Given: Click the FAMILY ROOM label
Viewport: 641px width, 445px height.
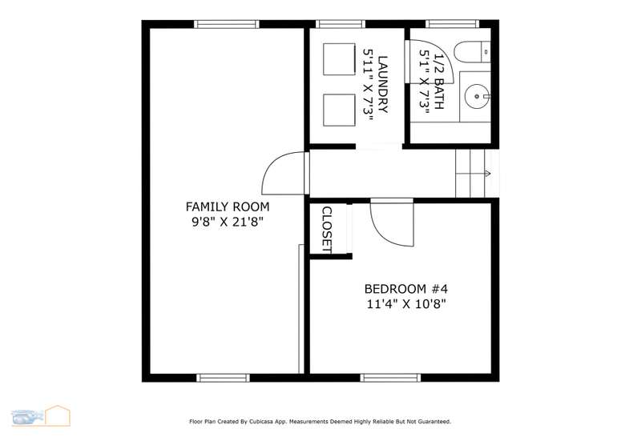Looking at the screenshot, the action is pos(228,207).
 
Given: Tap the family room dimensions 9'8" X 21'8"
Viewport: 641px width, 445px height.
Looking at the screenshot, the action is pos(228,222).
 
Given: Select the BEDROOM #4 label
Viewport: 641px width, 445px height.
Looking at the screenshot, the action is pos(406,289).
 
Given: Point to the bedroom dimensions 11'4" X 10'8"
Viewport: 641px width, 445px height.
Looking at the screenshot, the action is pos(406,304).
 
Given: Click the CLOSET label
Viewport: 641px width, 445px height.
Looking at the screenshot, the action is pos(327,230).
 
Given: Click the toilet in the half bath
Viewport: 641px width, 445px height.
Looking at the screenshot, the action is pos(472,52).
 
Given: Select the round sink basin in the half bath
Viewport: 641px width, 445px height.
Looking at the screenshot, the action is pos(476,96).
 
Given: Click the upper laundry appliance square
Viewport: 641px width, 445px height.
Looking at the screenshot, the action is pos(339,59).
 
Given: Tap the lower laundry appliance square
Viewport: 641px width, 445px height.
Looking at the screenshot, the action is pos(339,110).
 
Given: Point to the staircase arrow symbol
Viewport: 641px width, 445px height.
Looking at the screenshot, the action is pos(488,174).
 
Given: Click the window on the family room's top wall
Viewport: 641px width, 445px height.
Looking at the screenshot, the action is pos(227,24).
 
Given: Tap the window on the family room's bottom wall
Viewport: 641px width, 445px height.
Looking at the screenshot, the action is pos(224,378).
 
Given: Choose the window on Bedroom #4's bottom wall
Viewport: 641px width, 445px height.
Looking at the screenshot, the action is pos(390,378).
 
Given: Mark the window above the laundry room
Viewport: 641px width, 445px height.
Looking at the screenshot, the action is pos(340,24).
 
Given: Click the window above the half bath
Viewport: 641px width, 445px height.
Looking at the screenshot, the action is pos(452,24).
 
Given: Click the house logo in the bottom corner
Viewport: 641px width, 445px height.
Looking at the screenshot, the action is pos(58,415).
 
